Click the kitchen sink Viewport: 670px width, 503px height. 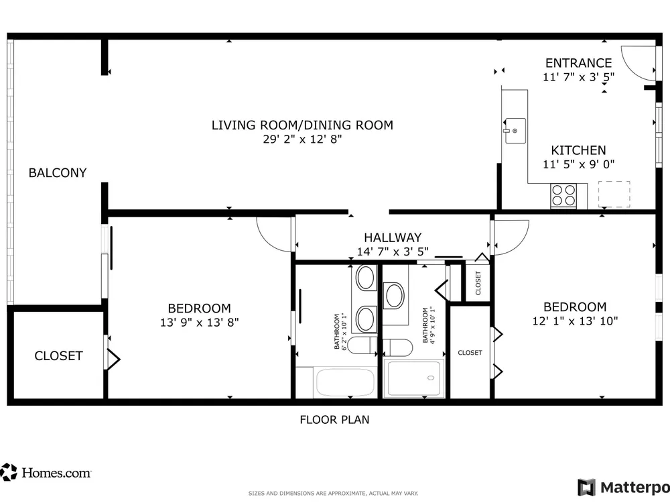(515, 131)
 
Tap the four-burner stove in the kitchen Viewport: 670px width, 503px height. (563, 195)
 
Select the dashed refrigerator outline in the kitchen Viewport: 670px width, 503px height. (614, 194)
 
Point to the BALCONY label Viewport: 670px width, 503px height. (58, 173)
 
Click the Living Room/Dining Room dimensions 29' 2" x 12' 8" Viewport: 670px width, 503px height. (303, 139)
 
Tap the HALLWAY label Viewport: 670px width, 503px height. (393, 237)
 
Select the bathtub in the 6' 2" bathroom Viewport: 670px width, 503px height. (345, 382)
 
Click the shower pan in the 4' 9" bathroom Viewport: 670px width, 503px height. (413, 379)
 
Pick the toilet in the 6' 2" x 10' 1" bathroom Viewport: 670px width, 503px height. (362, 345)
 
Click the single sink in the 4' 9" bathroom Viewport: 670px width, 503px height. (394, 296)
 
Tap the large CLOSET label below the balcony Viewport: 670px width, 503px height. (58, 356)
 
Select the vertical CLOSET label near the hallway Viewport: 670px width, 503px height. (478, 283)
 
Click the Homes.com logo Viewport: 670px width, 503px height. (46, 472)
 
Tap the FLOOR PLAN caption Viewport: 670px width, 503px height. (334, 420)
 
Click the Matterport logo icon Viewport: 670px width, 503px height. (586, 487)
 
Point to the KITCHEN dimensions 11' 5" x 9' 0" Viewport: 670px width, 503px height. (579, 164)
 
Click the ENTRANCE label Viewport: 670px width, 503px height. (579, 63)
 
